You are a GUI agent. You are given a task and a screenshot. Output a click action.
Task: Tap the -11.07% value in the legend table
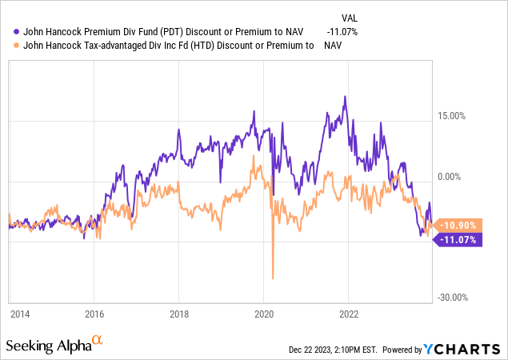coord(342,31)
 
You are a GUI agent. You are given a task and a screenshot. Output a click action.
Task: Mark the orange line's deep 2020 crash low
coord(273,278)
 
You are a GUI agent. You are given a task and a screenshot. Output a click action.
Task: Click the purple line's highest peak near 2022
coord(345,98)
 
